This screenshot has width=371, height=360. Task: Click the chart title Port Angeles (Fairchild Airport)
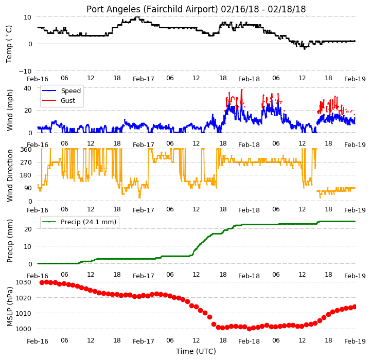click(x=152, y=9)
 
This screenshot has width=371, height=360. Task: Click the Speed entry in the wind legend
click(x=70, y=91)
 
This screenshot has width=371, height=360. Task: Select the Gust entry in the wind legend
click(x=68, y=100)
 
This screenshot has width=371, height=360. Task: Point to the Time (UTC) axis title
click(x=196, y=351)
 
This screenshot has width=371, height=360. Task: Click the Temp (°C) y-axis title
click(x=9, y=44)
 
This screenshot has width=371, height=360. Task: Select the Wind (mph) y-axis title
click(x=10, y=110)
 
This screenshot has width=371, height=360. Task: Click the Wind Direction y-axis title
click(x=10, y=175)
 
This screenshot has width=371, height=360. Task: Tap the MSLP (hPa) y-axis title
click(x=10, y=307)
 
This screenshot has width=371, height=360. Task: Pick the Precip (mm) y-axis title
click(x=10, y=241)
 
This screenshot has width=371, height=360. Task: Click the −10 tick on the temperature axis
click(x=25, y=71)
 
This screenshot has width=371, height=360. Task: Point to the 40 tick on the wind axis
click(x=27, y=88)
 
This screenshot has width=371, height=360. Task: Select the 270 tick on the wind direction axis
click(x=26, y=163)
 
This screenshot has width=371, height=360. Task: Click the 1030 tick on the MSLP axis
click(x=24, y=282)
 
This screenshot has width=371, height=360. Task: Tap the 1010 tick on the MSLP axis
click(x=24, y=313)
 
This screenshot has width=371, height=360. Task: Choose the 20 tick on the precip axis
click(x=28, y=229)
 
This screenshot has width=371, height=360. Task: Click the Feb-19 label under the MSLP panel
click(x=355, y=341)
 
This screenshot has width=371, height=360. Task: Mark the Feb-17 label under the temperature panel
click(x=144, y=79)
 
